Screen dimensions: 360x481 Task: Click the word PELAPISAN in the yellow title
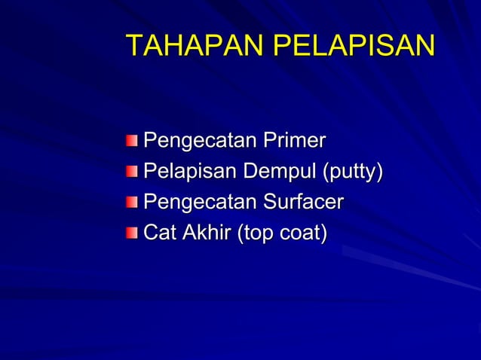point(353,46)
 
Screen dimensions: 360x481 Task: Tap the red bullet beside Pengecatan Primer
point(133,141)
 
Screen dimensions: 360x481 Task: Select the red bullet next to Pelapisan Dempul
point(133,172)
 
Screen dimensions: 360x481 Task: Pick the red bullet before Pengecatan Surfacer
point(133,203)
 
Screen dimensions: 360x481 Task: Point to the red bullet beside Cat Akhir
point(133,233)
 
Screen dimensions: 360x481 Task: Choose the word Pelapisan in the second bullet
point(189,172)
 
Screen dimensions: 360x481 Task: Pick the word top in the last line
point(258,235)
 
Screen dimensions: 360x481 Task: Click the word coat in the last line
point(301,234)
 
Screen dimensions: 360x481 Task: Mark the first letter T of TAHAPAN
point(133,46)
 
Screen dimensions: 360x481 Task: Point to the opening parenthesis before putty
point(326,173)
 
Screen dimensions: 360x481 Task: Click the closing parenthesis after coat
point(324,234)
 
